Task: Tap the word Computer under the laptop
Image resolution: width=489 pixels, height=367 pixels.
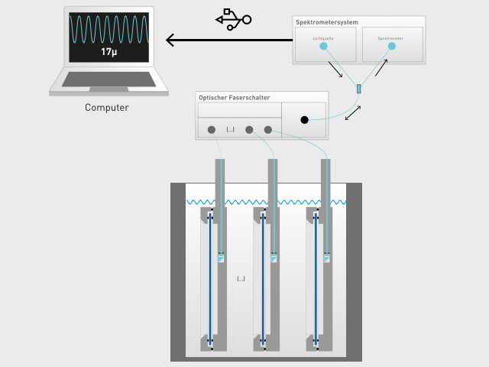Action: (x=106, y=108)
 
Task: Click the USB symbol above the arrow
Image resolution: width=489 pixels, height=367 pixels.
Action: (x=233, y=18)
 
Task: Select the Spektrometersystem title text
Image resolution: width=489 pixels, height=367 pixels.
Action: (x=327, y=22)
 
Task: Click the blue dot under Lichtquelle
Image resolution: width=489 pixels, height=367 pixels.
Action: (x=323, y=46)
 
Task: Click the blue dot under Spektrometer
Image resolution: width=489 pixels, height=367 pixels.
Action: (x=391, y=46)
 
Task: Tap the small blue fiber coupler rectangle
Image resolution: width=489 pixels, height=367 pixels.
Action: (x=358, y=89)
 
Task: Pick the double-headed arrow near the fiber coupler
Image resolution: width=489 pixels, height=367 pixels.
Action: (x=353, y=112)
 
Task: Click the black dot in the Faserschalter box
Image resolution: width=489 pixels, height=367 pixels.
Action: (x=304, y=120)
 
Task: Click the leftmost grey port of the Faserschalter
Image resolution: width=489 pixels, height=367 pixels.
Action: (x=211, y=130)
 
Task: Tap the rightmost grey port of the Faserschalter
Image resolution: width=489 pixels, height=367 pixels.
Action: (x=268, y=130)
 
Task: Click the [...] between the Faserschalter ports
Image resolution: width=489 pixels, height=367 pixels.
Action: (x=230, y=130)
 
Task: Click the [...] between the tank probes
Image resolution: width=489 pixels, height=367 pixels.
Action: (x=241, y=279)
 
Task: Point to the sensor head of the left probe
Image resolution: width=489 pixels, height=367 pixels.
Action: (x=221, y=258)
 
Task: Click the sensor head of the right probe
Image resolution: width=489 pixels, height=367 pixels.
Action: (x=326, y=258)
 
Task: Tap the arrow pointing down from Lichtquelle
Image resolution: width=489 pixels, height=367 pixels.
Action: (x=335, y=70)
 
